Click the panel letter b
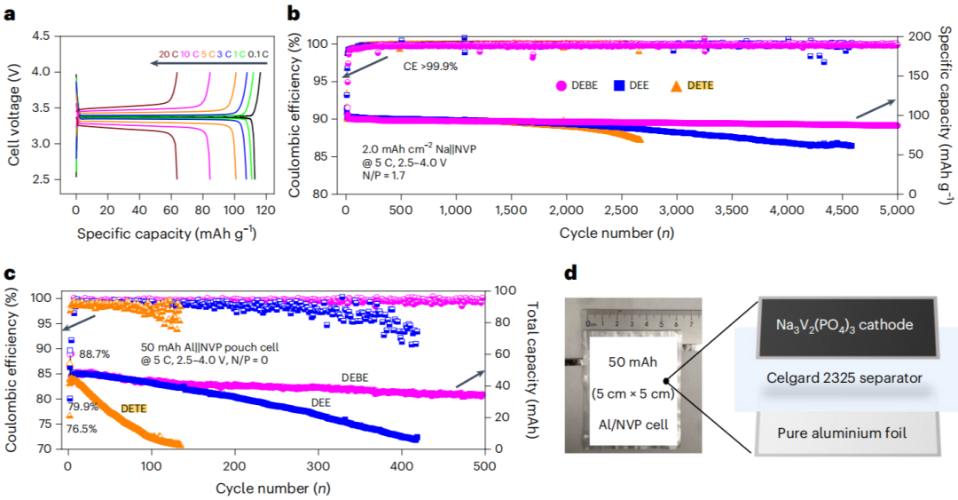coord(294,12)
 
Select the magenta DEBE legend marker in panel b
coord(561,85)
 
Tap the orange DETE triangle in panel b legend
coord(676,85)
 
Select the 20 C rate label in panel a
coord(169,54)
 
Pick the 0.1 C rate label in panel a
coord(258,54)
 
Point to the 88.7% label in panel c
coord(96,353)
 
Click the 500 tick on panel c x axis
coord(485,465)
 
